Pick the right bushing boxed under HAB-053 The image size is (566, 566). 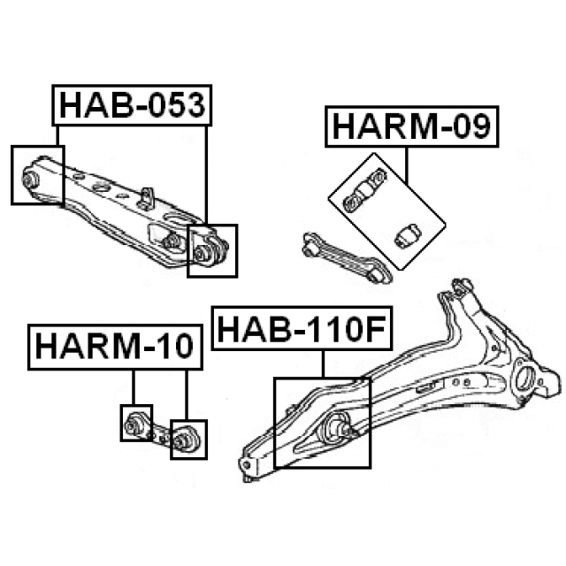click(210, 250)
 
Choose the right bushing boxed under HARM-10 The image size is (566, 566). click(187, 438)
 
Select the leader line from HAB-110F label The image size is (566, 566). click(324, 363)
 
